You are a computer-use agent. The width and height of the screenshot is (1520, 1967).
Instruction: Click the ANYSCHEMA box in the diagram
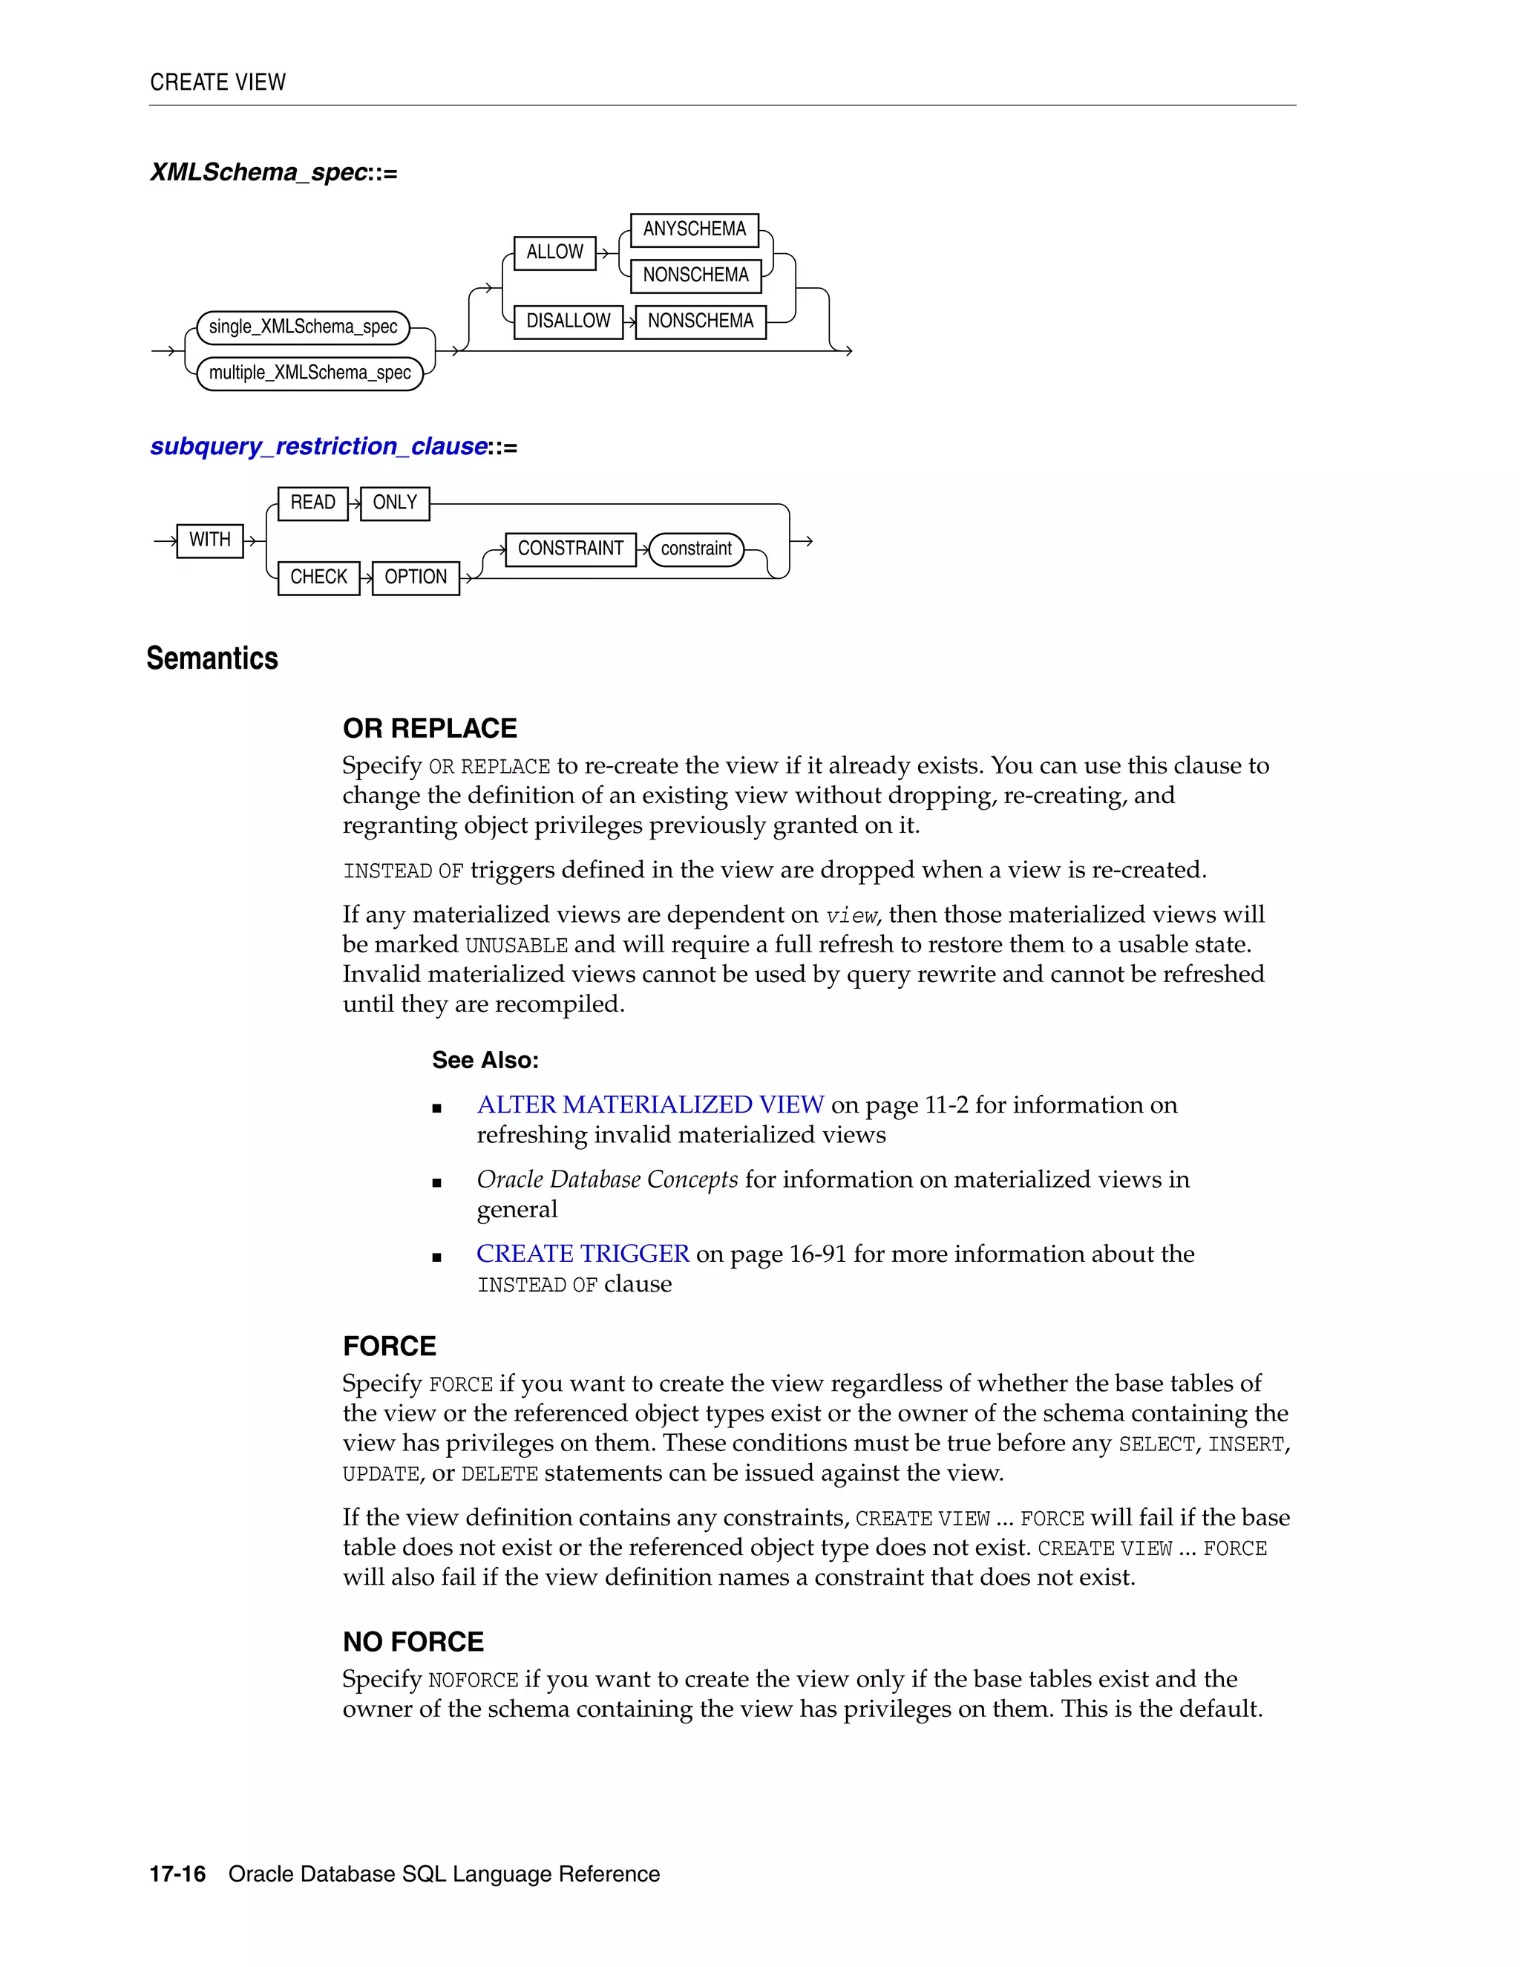(x=694, y=229)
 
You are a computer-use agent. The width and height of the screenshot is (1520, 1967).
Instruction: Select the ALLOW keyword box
(x=554, y=252)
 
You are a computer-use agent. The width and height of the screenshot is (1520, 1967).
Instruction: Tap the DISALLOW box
(x=569, y=321)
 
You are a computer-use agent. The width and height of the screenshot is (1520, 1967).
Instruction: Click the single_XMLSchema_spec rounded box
(x=304, y=327)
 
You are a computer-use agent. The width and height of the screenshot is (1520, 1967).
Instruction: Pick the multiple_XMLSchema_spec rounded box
(x=309, y=373)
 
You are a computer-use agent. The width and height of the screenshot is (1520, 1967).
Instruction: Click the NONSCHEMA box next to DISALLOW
(x=701, y=321)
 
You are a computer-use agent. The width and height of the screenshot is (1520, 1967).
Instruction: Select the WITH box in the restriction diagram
(x=210, y=540)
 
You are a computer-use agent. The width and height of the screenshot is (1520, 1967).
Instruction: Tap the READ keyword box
(x=312, y=503)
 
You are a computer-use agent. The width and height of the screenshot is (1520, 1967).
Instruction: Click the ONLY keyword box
(x=394, y=503)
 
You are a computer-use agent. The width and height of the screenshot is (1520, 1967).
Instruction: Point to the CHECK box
(x=318, y=577)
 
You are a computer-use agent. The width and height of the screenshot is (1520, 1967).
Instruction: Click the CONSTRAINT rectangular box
(x=570, y=549)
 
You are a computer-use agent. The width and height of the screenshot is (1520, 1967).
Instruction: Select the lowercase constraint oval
(x=696, y=549)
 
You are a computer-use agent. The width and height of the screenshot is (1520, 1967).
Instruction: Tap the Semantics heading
(x=212, y=658)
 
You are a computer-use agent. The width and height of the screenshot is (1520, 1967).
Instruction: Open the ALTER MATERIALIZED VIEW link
(x=650, y=1105)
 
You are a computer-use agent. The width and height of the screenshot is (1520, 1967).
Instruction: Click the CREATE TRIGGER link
(x=583, y=1254)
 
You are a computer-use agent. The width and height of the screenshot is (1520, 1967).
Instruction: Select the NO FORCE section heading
(x=413, y=1642)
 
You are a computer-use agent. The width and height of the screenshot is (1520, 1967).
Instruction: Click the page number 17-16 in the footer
(x=177, y=1874)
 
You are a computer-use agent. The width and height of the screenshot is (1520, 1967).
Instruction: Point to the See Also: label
(x=485, y=1060)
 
